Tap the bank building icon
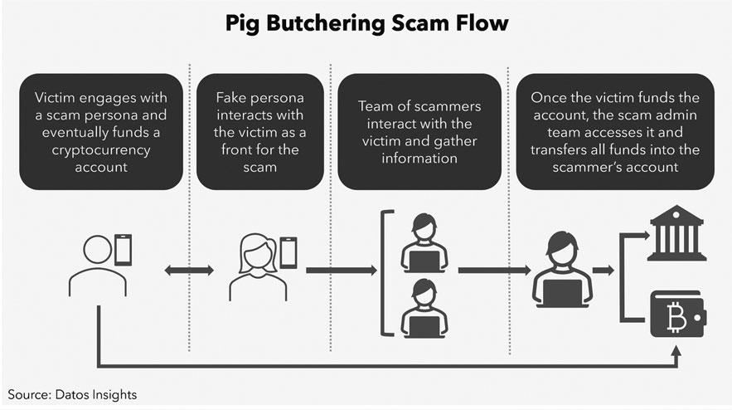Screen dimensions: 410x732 [677, 236]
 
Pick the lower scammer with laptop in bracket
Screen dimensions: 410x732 [424, 308]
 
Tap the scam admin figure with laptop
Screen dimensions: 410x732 [563, 269]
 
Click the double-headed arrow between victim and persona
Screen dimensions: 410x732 [189, 270]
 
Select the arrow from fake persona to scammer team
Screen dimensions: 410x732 [341, 270]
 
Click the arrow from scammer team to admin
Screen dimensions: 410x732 [494, 270]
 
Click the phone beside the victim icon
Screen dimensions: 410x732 [123, 250]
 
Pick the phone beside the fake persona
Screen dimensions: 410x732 [288, 252]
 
